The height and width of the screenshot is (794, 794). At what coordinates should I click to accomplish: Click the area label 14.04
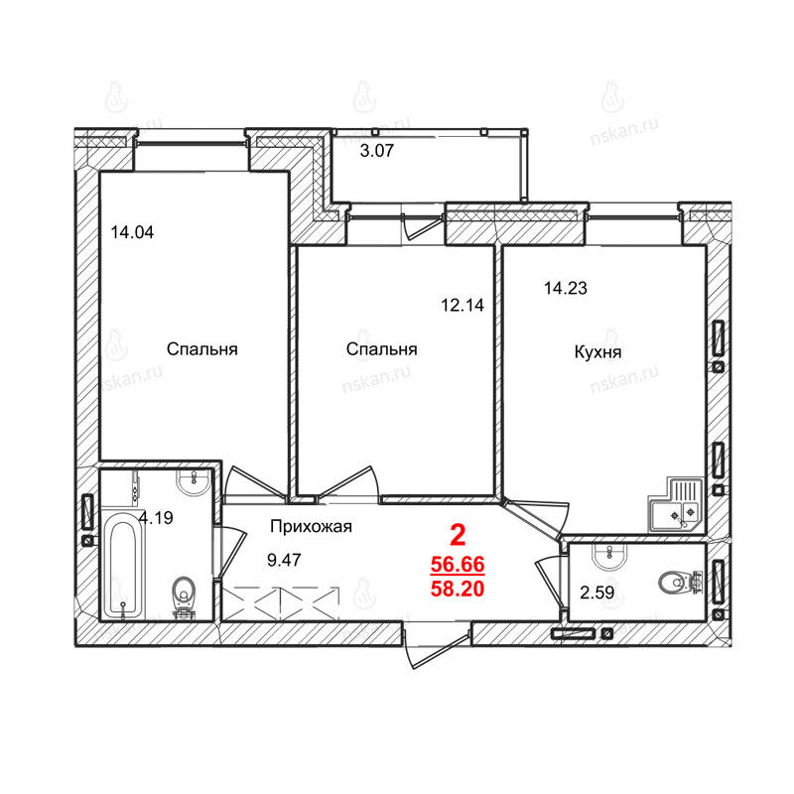pos(132,232)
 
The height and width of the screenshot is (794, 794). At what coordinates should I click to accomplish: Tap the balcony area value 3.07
pos(377,151)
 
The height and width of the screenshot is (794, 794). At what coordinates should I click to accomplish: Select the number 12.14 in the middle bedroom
pos(463,305)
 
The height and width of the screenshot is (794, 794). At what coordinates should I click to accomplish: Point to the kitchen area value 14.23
pos(565,288)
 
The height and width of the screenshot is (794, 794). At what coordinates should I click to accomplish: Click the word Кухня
pos(597,352)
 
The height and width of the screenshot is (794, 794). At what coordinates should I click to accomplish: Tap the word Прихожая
pos(311,527)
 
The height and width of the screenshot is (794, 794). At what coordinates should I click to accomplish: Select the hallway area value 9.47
pos(284,560)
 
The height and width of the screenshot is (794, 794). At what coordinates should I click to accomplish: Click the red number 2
pos(458,535)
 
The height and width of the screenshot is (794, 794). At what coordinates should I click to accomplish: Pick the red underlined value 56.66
pos(458,564)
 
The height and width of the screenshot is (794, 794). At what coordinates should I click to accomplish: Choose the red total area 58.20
pos(458,589)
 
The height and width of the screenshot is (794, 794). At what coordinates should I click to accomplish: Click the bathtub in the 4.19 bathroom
pos(123,564)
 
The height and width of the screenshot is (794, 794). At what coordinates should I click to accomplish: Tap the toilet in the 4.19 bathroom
pos(183,597)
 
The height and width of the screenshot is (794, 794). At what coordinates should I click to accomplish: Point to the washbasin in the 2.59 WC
pos(608,556)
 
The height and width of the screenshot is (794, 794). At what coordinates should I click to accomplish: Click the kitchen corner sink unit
pos(676,504)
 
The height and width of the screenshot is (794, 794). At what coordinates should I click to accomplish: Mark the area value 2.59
pos(597,592)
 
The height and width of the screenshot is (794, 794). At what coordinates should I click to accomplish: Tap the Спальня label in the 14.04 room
pos(202,349)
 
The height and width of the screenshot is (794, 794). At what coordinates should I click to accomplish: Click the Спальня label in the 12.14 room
pos(382,349)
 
